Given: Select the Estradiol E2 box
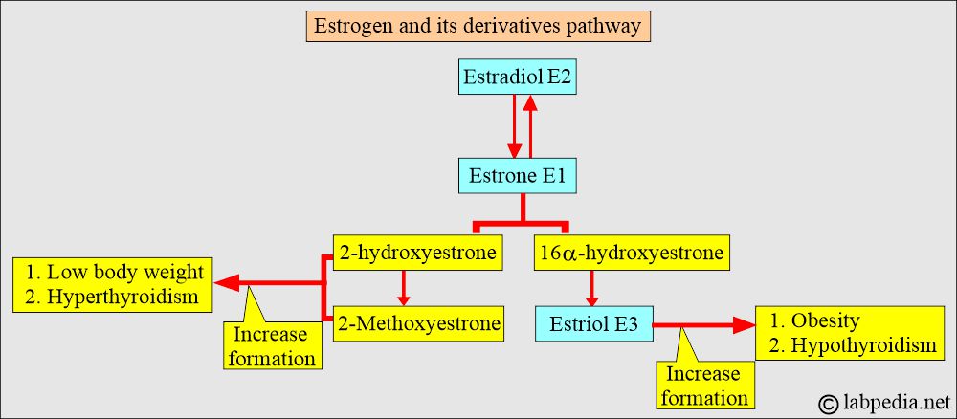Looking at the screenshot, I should pos(518,78).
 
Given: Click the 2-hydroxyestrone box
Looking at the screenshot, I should pos(417,254).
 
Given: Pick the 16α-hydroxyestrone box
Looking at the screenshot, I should pos(631,254).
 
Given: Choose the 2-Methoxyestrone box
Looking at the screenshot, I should pos(417,323).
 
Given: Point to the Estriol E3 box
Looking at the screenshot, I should pos(594,324).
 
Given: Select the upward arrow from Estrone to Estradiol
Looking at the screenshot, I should pos(530,124).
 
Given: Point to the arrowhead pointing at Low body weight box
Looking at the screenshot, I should pos(226,284).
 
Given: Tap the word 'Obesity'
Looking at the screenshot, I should pos(824,320).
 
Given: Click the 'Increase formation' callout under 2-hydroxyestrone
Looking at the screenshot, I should pos(272,346).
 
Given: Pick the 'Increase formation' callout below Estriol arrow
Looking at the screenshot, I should pos(703,385).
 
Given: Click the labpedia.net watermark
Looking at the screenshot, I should pos(879,401).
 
